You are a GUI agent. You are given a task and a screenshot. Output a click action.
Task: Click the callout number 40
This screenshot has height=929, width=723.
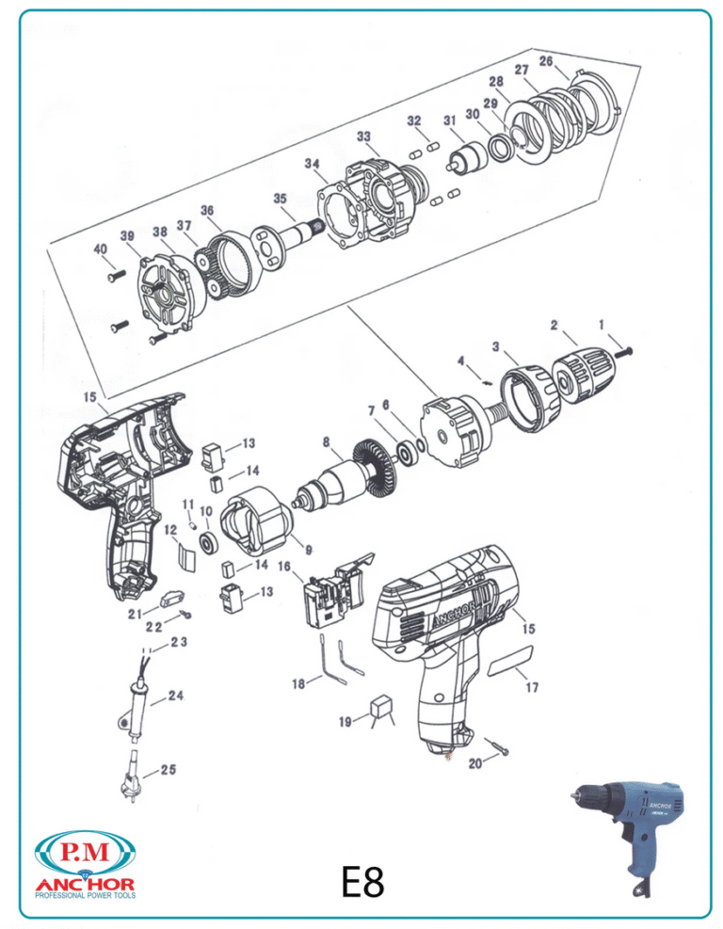[x=100, y=248]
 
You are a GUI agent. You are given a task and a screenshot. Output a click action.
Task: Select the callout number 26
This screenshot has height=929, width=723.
[x=546, y=61]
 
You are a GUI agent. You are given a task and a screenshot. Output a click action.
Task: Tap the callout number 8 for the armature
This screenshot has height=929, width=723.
[x=326, y=440]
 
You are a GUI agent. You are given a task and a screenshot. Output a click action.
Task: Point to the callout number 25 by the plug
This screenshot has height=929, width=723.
[x=167, y=770]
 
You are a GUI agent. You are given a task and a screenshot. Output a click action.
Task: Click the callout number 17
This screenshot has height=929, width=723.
[x=532, y=688]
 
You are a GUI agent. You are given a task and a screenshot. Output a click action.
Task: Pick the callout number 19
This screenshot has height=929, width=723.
[x=345, y=721]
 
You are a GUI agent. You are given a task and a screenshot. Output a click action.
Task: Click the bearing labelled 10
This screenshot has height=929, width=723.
[x=205, y=544]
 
